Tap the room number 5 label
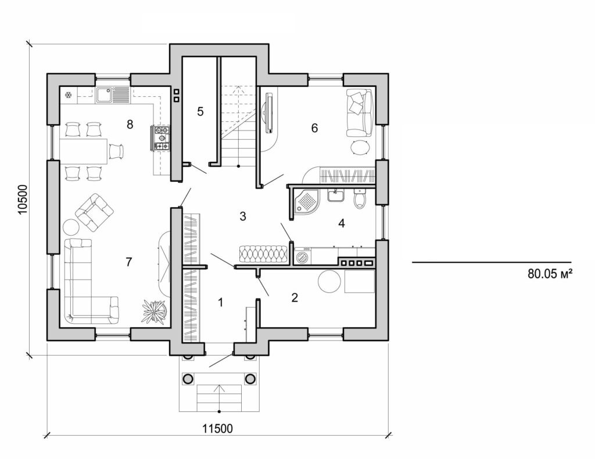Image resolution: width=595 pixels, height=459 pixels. [x=200, y=111]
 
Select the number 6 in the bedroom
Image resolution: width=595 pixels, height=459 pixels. [x=314, y=128]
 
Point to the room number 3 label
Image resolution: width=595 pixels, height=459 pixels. [x=243, y=216]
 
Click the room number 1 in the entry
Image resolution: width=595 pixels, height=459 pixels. [x=220, y=301]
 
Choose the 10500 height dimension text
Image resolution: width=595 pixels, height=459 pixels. [x=23, y=201]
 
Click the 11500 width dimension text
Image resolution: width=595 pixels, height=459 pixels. [x=217, y=429]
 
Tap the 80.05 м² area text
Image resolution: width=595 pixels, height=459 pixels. [x=551, y=274]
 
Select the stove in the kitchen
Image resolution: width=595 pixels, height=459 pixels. [x=162, y=139]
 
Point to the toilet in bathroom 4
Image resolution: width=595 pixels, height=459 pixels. [x=360, y=199]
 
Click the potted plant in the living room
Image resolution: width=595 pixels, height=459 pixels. [x=153, y=311]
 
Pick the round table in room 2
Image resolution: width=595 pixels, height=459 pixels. [x=329, y=283]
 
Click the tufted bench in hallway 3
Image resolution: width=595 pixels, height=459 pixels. [x=262, y=254]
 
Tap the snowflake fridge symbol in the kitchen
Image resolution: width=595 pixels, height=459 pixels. [x=68, y=94]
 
